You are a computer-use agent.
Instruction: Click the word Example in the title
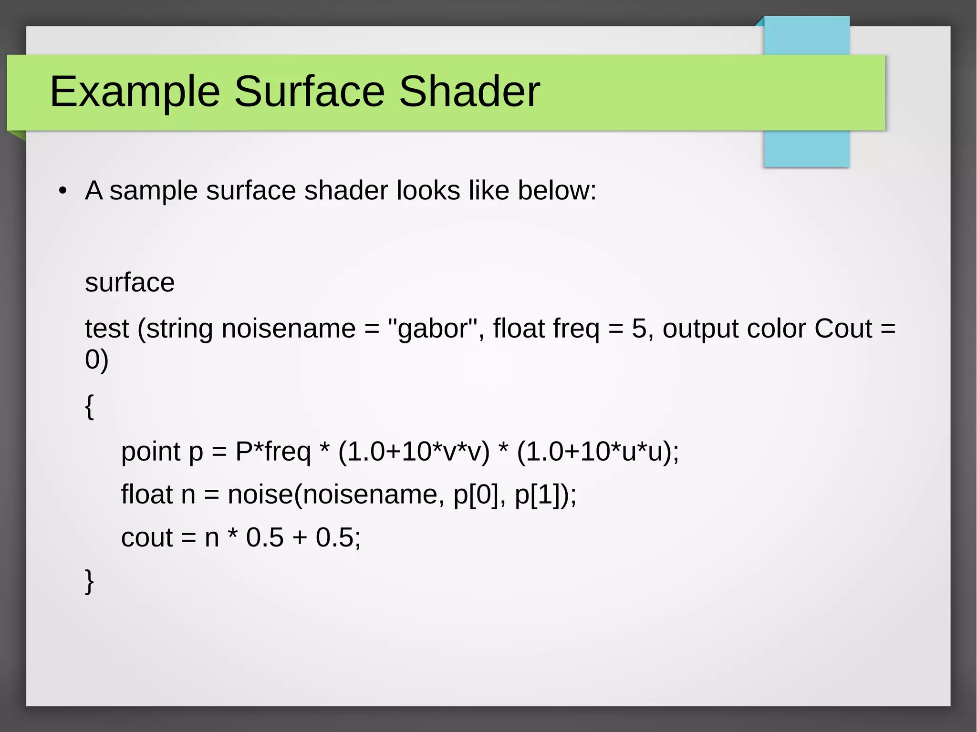tap(135, 92)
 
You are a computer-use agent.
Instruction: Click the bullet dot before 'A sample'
tap(62, 192)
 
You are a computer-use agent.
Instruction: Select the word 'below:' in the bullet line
tap(557, 191)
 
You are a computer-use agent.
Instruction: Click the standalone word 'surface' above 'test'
tap(130, 283)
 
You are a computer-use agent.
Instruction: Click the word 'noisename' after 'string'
tap(289, 329)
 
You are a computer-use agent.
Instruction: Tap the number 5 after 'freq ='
tap(639, 329)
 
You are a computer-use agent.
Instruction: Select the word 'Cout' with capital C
tap(843, 329)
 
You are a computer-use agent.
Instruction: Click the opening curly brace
tap(89, 406)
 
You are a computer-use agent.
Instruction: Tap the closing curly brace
tap(89, 581)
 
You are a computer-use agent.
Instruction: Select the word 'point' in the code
tap(150, 452)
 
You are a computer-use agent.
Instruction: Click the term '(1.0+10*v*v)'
tap(414, 451)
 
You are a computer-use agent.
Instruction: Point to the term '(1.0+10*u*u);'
tap(598, 451)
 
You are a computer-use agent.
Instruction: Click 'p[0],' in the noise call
tap(479, 495)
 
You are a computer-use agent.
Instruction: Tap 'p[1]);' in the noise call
tap(546, 495)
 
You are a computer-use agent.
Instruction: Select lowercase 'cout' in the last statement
tap(147, 538)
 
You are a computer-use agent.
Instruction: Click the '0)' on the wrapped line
tap(97, 360)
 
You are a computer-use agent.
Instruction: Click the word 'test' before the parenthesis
tap(107, 329)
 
